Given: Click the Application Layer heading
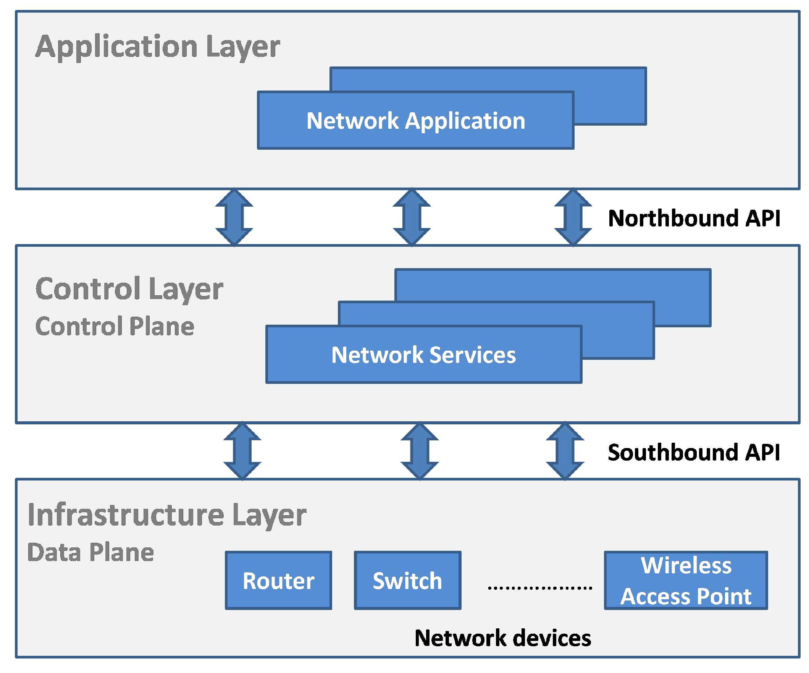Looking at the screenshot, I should [x=157, y=46].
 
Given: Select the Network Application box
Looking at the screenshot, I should [x=415, y=121].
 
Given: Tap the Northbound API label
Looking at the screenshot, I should [x=693, y=218].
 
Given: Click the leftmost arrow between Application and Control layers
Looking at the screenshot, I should [x=234, y=217].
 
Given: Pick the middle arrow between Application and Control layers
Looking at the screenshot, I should [x=412, y=217].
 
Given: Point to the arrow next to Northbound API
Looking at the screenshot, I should [x=572, y=217].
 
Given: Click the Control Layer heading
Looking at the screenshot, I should [x=129, y=289].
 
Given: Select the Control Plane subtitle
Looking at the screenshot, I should [x=115, y=326].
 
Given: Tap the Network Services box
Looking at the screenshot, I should [x=423, y=354].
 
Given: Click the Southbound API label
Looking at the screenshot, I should [x=693, y=452].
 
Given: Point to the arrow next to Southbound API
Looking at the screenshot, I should [x=565, y=451].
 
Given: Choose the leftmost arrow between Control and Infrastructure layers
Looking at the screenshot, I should [x=242, y=451].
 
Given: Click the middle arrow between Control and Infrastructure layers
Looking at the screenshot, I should [x=420, y=451].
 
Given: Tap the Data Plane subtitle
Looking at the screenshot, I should [x=90, y=552].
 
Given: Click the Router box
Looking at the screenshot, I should [x=278, y=581].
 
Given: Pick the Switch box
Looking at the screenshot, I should [x=407, y=581].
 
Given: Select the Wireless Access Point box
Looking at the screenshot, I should [x=686, y=581].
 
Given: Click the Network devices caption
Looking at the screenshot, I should [x=502, y=638].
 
